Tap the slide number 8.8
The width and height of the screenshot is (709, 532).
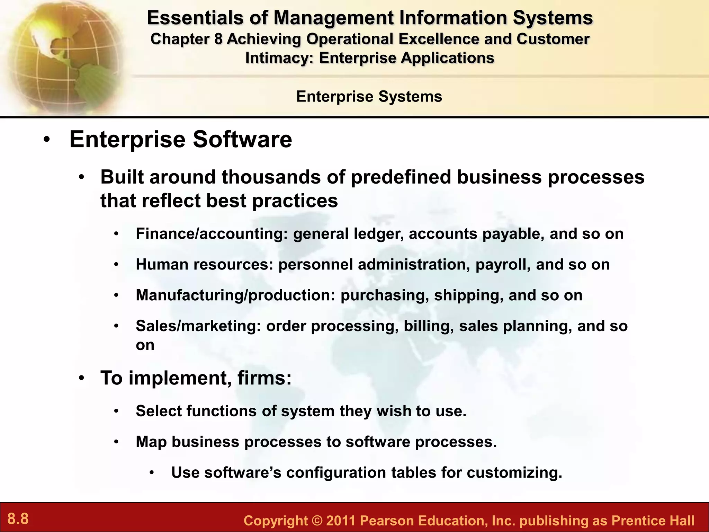(x=18, y=519)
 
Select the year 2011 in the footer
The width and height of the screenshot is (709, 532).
(x=341, y=521)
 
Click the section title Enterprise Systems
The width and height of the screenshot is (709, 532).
(x=369, y=96)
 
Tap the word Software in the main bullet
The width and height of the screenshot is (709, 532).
(x=242, y=139)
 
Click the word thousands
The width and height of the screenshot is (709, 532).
(x=284, y=177)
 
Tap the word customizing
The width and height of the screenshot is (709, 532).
(x=514, y=473)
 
